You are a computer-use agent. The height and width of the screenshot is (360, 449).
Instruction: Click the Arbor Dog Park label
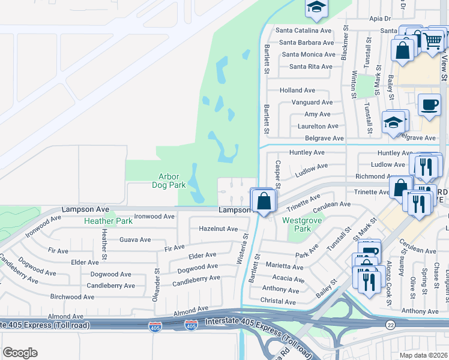pos(172,181)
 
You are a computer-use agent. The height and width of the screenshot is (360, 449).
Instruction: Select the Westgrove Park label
pos(297,224)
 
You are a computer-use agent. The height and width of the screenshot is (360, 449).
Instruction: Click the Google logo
pos(20,353)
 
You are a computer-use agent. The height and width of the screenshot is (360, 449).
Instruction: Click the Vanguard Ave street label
pos(312,103)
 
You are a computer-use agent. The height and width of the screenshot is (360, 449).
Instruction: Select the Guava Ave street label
pos(135,239)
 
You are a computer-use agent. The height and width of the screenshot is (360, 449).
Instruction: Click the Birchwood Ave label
pos(72,296)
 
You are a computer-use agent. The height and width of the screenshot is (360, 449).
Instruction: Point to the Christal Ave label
pos(279,301)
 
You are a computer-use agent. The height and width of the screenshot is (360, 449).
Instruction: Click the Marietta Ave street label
pos(285,265)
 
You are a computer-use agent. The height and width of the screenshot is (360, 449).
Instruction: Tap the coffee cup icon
pos(429,104)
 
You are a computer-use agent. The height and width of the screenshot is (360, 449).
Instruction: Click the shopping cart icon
pos(432,40)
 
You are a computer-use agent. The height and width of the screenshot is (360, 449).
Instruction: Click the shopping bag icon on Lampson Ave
pos(264,201)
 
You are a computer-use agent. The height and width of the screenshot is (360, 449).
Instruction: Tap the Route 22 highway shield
pos(391,324)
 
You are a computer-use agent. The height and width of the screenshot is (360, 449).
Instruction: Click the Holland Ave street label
pos(297,90)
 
